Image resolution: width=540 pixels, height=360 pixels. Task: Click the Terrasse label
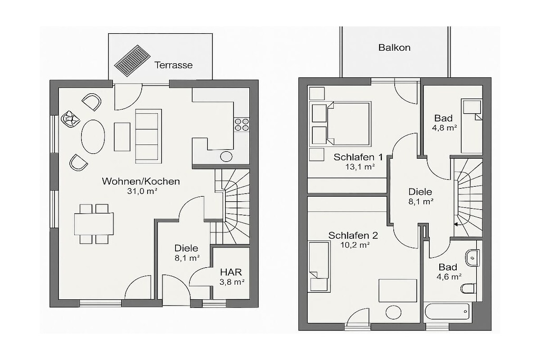pos(173,65)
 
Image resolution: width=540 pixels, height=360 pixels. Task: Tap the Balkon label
pos(394,47)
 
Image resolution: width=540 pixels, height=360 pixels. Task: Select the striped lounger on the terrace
pos(132,61)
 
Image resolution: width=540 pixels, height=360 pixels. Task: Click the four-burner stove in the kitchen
pos(242,124)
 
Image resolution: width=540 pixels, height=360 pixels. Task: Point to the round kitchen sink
pos(226,157)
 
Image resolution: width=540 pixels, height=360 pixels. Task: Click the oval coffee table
pos(93,137)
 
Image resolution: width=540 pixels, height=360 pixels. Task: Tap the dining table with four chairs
pos(94,224)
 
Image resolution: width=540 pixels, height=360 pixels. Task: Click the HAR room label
pos(231,272)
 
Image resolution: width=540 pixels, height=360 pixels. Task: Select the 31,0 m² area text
pos(142,191)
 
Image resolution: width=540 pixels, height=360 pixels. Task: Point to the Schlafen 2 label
pos(353,236)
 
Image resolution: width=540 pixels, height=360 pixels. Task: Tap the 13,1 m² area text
pos(360,167)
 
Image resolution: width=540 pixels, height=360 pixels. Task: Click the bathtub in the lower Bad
pos(447,312)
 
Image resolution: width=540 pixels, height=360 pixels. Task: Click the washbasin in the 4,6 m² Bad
pos(472,258)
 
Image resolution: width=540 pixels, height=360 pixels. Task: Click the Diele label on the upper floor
pos(420,192)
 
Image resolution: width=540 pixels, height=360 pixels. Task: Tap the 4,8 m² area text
pos(444,128)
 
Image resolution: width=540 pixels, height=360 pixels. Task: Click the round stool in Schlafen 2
pos(393,313)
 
